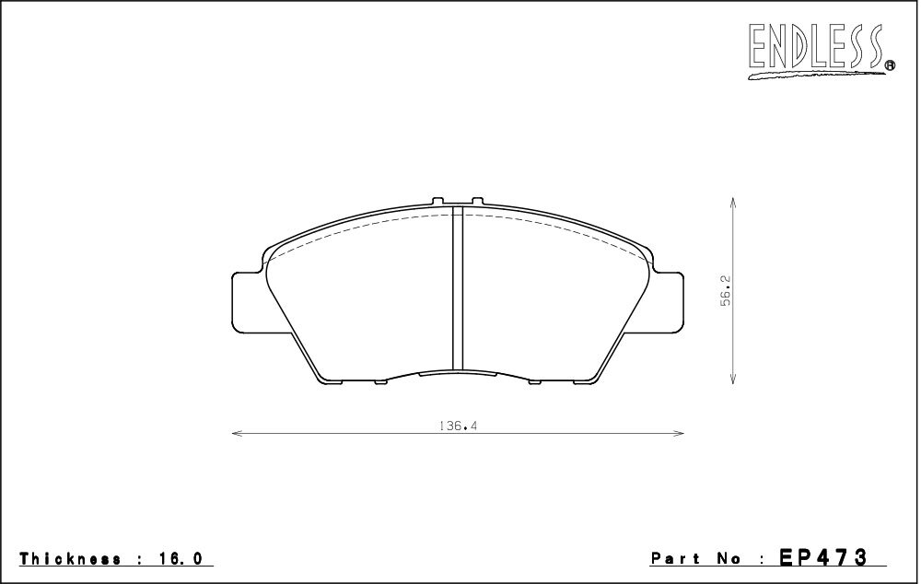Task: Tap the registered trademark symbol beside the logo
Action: (x=890, y=65)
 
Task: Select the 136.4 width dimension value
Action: (x=458, y=426)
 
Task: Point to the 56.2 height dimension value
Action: (x=726, y=290)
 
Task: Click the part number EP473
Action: (x=822, y=556)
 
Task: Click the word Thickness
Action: (x=71, y=558)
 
